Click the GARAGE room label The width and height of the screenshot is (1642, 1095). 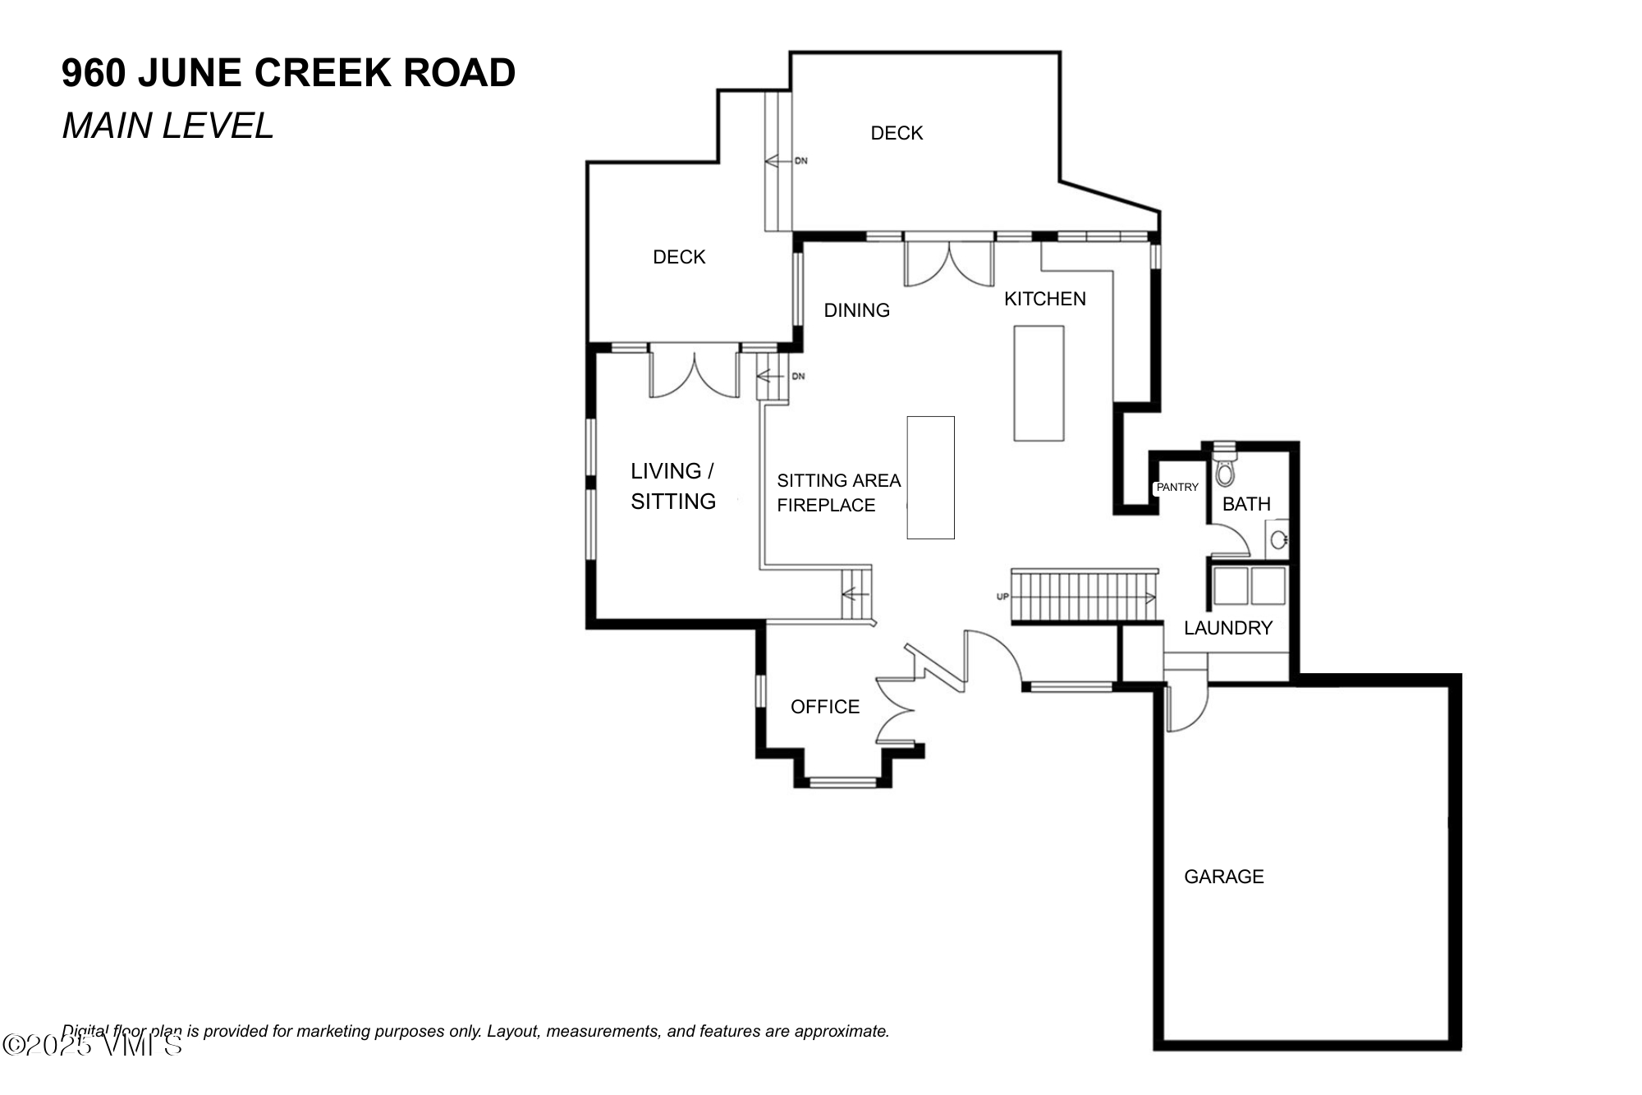click(x=1223, y=877)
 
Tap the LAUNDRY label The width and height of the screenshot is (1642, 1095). click(x=1227, y=628)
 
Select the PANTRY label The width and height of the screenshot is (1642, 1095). click(x=1177, y=488)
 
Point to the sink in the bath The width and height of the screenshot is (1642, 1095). click(x=1277, y=540)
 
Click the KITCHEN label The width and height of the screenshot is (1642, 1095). click(x=1044, y=299)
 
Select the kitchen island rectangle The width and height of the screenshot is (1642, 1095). click(x=1039, y=383)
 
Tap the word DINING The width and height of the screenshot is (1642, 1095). click(x=856, y=310)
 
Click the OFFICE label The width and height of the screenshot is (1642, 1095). click(x=824, y=707)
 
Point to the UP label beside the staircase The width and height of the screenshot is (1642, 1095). click(x=1002, y=597)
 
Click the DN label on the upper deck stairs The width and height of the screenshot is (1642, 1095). click(x=800, y=161)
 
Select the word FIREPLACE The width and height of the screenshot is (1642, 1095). click(x=826, y=506)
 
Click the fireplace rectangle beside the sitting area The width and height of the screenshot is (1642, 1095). click(x=930, y=478)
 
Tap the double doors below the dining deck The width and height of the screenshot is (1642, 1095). click(x=948, y=263)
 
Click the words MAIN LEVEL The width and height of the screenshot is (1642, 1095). click(x=167, y=126)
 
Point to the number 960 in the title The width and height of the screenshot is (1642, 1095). click(x=94, y=73)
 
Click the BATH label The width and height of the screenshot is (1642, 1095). click(x=1245, y=504)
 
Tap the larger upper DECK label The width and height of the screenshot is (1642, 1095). click(x=897, y=133)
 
